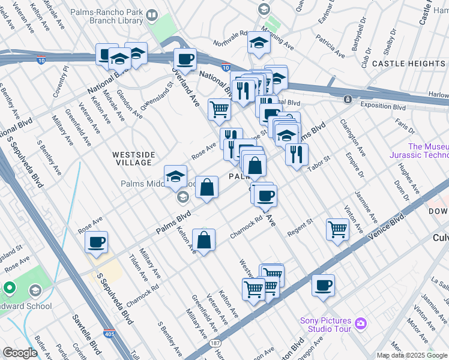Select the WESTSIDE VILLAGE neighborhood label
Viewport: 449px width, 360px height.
[x=133, y=158]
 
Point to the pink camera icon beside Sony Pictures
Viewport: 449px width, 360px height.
[x=361, y=324]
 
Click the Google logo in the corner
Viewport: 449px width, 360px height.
[x=20, y=353]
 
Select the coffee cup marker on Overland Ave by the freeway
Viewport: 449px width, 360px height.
[x=185, y=59]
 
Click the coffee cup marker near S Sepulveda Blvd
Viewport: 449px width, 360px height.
[x=96, y=242]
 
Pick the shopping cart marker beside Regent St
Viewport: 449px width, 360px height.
[x=337, y=229]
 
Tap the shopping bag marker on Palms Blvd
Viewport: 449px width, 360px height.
[x=206, y=188]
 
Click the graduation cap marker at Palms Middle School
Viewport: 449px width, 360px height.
[x=175, y=176]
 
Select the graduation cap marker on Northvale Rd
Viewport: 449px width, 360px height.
[x=259, y=43]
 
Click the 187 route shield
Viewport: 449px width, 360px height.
[x=214, y=344]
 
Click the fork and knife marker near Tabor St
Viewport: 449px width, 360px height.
[x=297, y=155]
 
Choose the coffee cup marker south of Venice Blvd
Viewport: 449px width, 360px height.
[x=323, y=285]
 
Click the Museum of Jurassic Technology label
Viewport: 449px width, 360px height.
[x=427, y=151]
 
